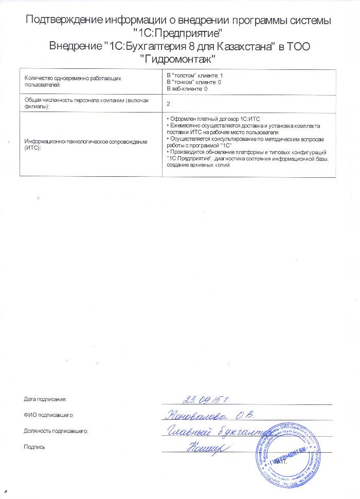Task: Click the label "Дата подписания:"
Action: [45, 398]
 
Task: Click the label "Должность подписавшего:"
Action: [57, 430]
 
